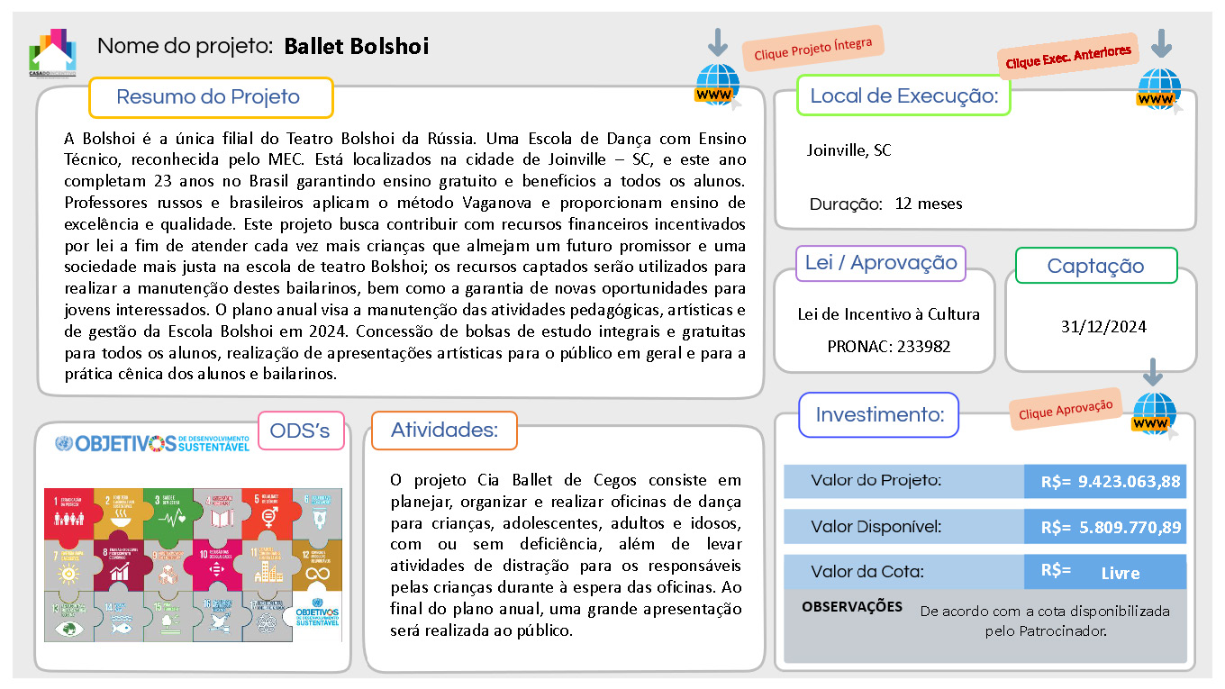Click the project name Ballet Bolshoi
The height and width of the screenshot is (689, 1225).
point(356,46)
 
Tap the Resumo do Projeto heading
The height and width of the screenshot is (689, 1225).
point(208,97)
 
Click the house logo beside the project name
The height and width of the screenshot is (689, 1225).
point(52,52)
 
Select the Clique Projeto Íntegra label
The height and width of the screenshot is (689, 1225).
point(812,49)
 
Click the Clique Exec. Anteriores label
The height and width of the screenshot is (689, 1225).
point(1068,58)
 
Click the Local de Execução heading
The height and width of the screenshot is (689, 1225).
point(903,95)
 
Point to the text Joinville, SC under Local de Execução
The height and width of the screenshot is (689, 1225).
point(848,150)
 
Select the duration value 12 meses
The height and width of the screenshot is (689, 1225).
point(929,204)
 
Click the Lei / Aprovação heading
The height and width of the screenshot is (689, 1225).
point(881,263)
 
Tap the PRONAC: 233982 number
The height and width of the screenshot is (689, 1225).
point(888,346)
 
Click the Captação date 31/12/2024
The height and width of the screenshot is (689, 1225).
point(1103,326)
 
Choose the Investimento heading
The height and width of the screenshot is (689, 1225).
point(879,415)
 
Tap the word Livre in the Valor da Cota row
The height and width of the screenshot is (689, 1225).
point(1120,573)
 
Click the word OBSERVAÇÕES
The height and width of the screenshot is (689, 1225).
point(851,607)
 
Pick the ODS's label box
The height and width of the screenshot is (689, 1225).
point(300,431)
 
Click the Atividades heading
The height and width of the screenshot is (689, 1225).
point(444,431)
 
